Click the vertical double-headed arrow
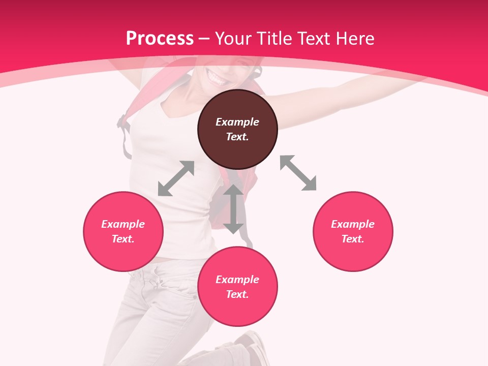234,209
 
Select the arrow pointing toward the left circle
176,178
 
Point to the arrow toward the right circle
298,173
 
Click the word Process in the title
160,38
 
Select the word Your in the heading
233,38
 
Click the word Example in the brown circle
237,122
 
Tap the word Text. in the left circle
123,239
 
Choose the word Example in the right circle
353,224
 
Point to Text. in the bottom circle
237,294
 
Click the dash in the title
204,39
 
